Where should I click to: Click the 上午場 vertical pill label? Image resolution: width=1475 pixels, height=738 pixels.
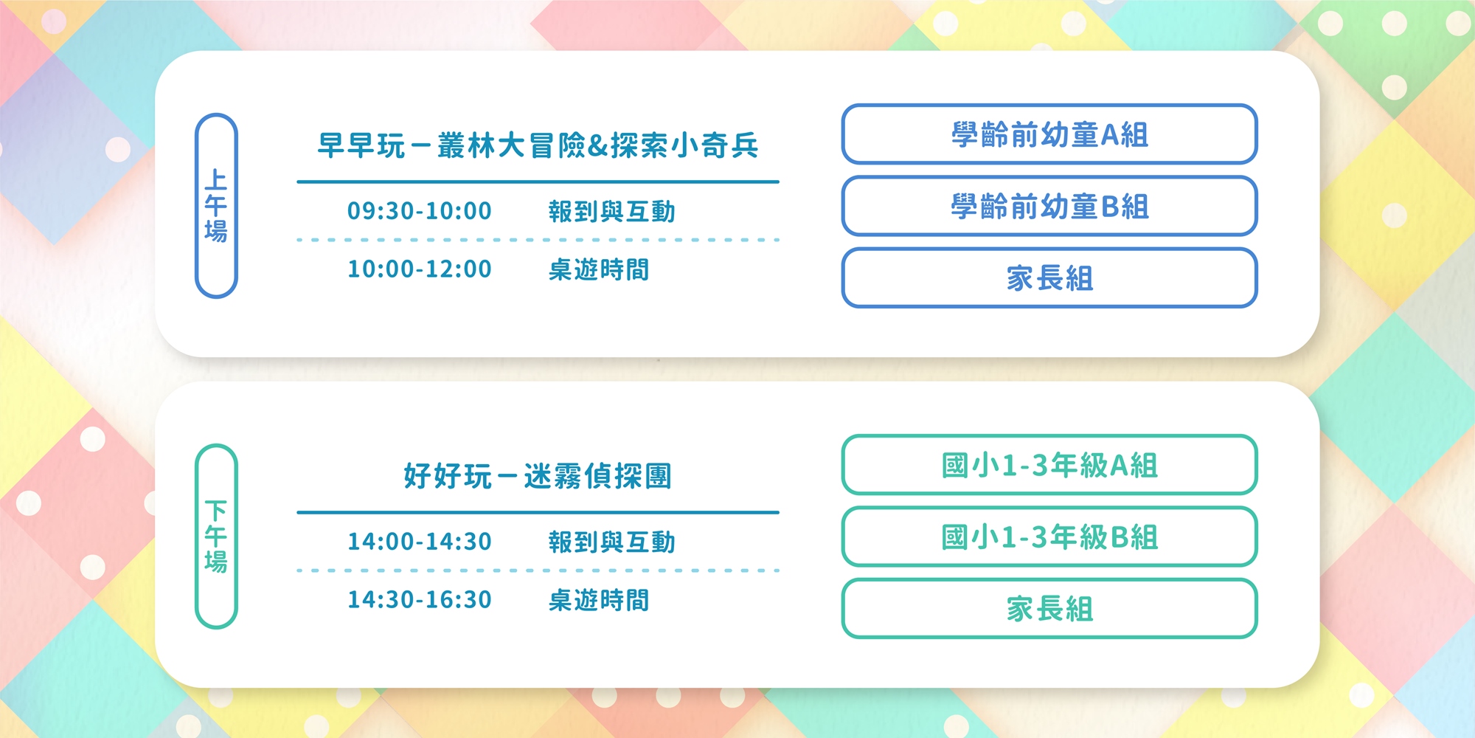pyautogui.click(x=216, y=205)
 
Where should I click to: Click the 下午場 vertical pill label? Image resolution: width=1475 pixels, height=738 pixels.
pyautogui.click(x=216, y=537)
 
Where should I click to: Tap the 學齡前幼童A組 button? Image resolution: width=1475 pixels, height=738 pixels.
pyautogui.click(x=1049, y=134)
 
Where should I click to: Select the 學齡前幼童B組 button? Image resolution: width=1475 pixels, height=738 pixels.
pyautogui.click(x=1049, y=206)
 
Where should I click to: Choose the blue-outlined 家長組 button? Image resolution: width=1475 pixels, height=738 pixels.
pyautogui.click(x=1049, y=278)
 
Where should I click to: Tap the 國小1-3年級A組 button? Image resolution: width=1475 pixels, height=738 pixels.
pyautogui.click(x=1049, y=465)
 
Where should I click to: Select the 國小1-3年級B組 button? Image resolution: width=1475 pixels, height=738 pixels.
pyautogui.click(x=1049, y=537)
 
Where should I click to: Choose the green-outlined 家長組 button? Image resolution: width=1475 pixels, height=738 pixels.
pyautogui.click(x=1049, y=609)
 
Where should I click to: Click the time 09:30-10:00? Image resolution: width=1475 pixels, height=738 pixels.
pyautogui.click(x=420, y=211)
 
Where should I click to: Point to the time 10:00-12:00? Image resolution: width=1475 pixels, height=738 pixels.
pyautogui.click(x=420, y=269)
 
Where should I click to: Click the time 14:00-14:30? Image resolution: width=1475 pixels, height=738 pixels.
pyautogui.click(x=420, y=542)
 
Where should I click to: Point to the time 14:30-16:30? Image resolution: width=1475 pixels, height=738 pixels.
pyautogui.click(x=420, y=600)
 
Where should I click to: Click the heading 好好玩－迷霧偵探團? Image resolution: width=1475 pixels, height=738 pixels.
pyautogui.click(x=538, y=476)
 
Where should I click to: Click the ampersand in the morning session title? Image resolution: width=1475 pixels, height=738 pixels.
pyautogui.click(x=599, y=146)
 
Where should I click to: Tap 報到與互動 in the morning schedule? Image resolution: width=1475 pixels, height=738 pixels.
pyautogui.click(x=612, y=212)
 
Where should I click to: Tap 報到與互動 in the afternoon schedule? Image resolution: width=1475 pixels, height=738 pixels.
pyautogui.click(x=612, y=542)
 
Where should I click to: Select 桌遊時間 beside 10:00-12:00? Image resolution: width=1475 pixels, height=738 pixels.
pyautogui.click(x=599, y=270)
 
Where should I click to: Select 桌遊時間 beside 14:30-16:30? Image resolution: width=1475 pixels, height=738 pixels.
pyautogui.click(x=599, y=601)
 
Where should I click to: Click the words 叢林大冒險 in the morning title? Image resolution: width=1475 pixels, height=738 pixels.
pyautogui.click(x=512, y=146)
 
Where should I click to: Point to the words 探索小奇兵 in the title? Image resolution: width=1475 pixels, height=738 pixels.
pyautogui.click(x=685, y=146)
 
